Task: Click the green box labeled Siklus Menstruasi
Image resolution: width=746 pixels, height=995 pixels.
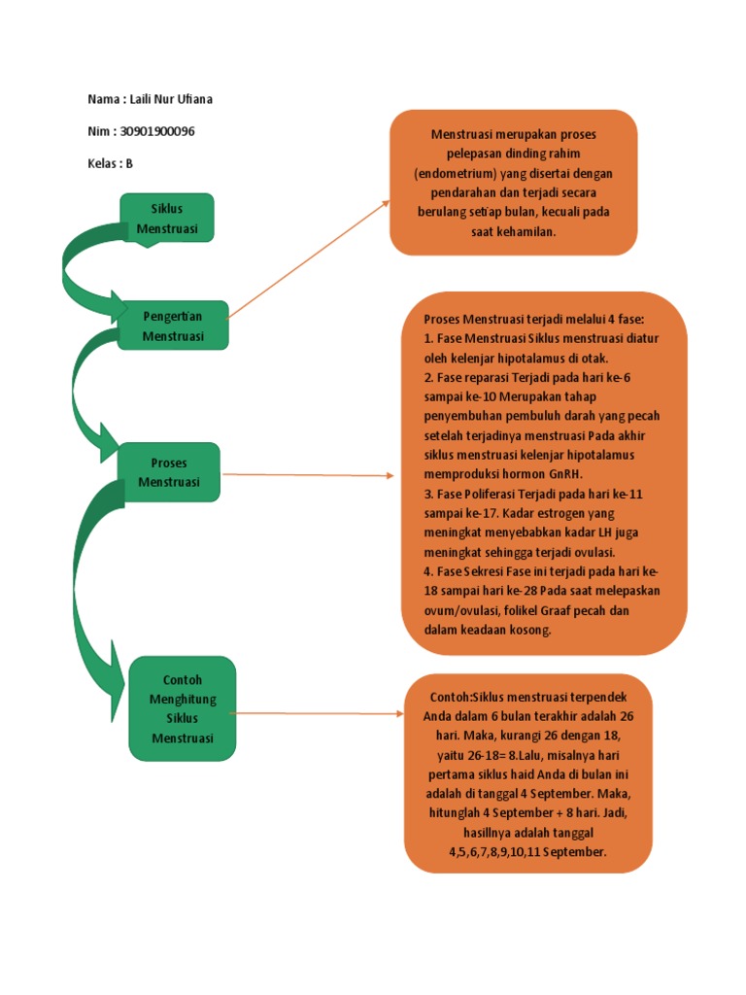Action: click(x=167, y=218)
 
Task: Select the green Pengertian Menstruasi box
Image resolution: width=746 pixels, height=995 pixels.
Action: click(x=173, y=326)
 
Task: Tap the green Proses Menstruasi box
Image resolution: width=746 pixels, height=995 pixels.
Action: click(x=169, y=472)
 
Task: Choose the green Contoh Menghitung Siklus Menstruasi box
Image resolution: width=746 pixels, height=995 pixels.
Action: click(x=182, y=708)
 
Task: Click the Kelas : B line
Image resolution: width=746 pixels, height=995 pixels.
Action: click(x=110, y=163)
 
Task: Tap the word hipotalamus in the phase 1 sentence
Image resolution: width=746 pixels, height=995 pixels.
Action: click(x=560, y=357)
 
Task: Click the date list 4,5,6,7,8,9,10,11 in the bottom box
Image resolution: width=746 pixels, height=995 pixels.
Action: click(x=490, y=852)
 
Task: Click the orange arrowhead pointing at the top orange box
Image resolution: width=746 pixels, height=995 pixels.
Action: click(x=386, y=203)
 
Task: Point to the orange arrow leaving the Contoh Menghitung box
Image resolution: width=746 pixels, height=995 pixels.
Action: click(x=321, y=713)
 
